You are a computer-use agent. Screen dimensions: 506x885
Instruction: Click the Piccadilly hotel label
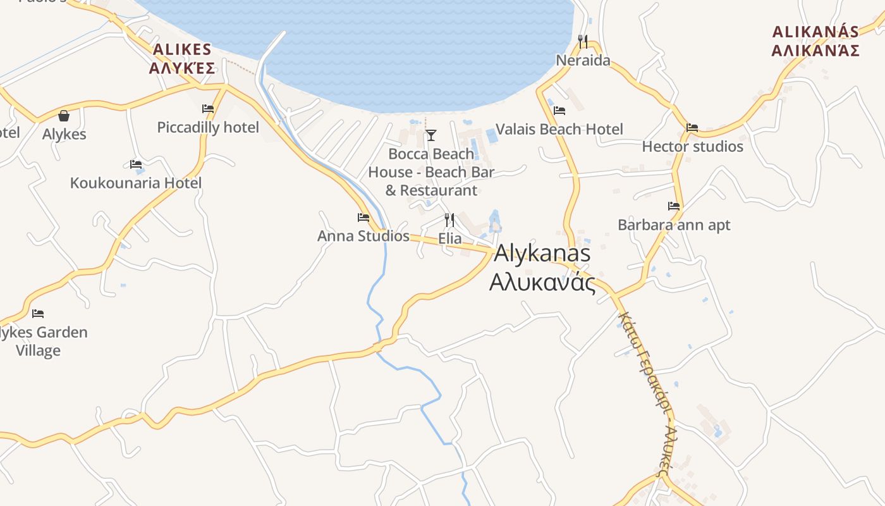pos(208,128)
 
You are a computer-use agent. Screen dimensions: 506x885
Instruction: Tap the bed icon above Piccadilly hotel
pos(208,109)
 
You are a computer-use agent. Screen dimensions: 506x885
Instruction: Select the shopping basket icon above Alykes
pos(64,116)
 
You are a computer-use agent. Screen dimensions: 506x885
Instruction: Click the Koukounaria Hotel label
pos(136,183)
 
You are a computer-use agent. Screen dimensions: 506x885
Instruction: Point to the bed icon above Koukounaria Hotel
pos(136,164)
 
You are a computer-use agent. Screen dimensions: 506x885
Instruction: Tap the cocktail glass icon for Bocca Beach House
pos(431,135)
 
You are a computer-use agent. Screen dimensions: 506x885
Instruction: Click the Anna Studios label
pos(363,236)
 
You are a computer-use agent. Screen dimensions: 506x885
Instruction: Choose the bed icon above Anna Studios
pos(363,218)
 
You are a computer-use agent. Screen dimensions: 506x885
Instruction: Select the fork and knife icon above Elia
pos(449,220)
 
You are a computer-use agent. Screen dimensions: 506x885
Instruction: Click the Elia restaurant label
pos(450,239)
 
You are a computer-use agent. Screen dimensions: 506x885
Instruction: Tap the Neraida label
pos(583,61)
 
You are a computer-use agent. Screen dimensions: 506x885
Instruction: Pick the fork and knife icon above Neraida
pos(583,42)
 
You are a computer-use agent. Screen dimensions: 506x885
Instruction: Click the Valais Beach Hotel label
pos(559,130)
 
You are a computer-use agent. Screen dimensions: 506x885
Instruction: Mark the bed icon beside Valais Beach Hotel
pos(559,111)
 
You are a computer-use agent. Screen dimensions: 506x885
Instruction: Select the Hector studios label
pos(692,147)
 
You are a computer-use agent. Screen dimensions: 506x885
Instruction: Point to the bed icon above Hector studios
pos(692,128)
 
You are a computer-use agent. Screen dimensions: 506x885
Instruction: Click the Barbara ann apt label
pos(674,225)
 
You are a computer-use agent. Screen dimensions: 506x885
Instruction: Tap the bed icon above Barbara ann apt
pos(674,206)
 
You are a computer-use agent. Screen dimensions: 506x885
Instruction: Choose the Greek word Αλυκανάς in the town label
pos(542,282)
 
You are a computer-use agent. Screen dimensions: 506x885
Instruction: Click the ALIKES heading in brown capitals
pos(182,49)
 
